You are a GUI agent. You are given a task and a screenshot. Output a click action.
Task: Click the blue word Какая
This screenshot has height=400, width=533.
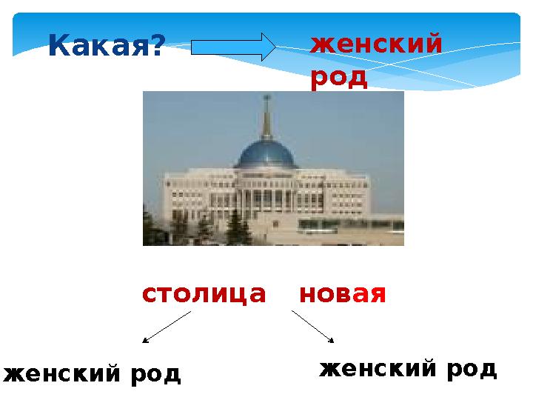[x=98, y=45]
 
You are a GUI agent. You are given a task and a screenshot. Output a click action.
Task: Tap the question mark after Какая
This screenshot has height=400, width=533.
[x=155, y=44]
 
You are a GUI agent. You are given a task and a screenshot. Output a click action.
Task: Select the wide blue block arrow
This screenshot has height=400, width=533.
[x=233, y=47]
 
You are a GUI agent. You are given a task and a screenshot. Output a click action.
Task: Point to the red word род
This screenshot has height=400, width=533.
[x=339, y=79]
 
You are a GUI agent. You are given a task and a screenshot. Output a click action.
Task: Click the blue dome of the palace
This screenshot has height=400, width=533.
[x=266, y=154]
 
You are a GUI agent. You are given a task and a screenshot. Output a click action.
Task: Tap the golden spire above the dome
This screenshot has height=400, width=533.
[x=266, y=119]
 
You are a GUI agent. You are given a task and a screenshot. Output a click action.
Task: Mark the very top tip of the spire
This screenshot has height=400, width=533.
[x=267, y=96]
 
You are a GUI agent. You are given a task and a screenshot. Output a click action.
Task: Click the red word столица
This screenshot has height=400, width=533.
[x=204, y=294]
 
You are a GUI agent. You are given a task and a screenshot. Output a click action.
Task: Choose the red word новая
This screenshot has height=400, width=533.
[x=343, y=294]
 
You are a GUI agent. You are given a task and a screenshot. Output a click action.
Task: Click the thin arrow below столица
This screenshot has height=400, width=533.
[x=167, y=327]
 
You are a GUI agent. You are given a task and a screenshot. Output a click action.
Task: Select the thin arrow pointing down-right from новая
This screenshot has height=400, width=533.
[x=312, y=327]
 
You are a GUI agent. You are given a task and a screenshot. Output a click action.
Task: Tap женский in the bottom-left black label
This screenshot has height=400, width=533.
[x=62, y=373]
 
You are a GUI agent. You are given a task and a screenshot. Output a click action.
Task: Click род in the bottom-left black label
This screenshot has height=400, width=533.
[x=155, y=375]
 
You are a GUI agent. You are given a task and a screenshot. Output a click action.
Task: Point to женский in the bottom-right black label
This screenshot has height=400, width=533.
[x=378, y=368]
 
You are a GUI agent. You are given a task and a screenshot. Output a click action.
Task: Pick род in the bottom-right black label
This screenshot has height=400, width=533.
[x=472, y=370]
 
